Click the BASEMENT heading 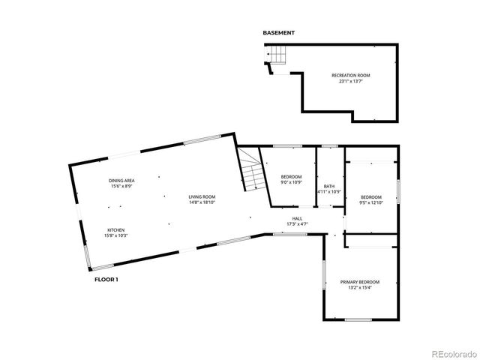pos(278,33)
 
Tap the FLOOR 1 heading pos(106,279)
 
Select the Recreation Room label pos(351,75)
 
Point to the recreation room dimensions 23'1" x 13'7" pos(351,81)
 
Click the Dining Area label pos(121,181)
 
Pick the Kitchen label pos(115,230)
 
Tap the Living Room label pos(202,196)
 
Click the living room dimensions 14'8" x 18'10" pos(202,202)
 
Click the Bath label pos(329,186)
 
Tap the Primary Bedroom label pos(360,282)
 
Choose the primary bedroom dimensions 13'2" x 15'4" pos(360,288)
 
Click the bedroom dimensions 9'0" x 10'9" pos(291,182)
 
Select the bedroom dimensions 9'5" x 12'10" pos(370,202)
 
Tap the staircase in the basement pos(277,55)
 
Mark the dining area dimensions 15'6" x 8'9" pos(121,187)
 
